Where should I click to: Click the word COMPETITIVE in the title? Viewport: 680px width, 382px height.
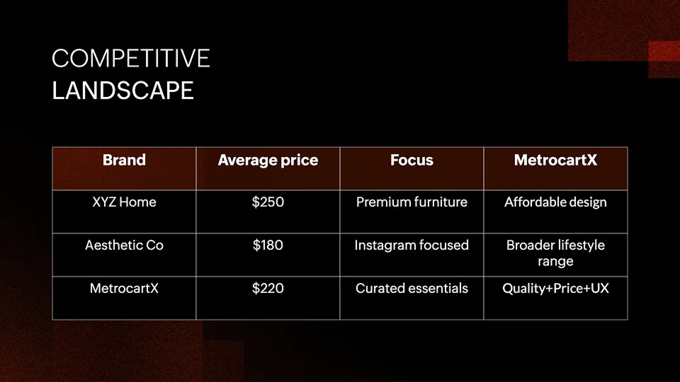click(x=131, y=58)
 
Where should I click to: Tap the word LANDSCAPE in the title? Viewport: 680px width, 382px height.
click(x=123, y=90)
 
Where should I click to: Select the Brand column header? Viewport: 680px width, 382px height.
click(x=124, y=160)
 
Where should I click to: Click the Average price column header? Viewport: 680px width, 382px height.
click(x=268, y=161)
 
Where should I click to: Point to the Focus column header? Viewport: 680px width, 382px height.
click(x=412, y=160)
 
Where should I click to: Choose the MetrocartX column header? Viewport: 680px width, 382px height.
click(x=555, y=160)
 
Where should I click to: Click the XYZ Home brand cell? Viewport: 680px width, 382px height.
click(x=124, y=202)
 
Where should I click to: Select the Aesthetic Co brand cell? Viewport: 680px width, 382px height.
click(x=124, y=245)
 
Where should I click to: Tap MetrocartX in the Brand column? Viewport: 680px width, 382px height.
click(x=124, y=288)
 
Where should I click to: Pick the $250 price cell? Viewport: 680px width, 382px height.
click(x=268, y=202)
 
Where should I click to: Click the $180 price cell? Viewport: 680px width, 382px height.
click(x=268, y=245)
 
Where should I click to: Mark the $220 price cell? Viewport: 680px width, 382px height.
click(x=268, y=288)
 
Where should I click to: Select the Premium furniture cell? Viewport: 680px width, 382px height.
click(x=412, y=202)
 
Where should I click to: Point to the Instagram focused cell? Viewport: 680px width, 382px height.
click(x=412, y=245)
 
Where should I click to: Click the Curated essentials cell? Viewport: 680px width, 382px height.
click(x=412, y=288)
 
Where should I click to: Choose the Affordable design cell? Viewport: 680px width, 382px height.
click(x=555, y=202)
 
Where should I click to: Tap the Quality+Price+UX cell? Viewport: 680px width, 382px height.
click(x=555, y=289)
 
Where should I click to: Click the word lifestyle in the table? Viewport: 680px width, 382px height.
click(x=581, y=245)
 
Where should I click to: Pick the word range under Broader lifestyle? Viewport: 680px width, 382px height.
click(x=555, y=262)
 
